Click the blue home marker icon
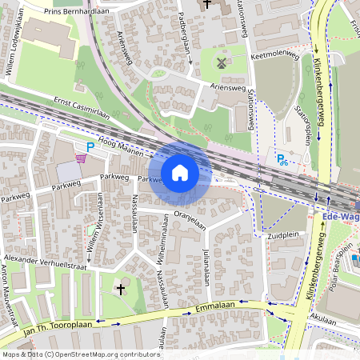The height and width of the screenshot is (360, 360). tap(180, 172)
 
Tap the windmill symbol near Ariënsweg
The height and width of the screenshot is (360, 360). tap(222, 62)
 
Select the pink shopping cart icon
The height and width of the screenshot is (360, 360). tap(81, 158)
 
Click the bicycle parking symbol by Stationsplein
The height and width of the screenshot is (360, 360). tap(282, 159)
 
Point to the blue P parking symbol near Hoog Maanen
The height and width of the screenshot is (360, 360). tap(90, 146)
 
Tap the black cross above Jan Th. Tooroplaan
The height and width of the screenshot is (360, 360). tap(121, 288)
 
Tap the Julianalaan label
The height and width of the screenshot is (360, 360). tap(206, 266)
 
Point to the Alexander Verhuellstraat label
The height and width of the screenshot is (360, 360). tap(44, 260)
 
